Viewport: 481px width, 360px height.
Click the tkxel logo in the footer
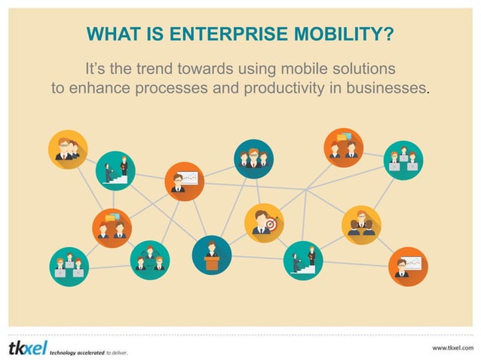pyautogui.click(x=26, y=347)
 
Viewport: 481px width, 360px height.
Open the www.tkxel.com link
pyautogui.click(x=452, y=347)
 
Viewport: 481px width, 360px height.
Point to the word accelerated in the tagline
pyautogui.click(x=84, y=352)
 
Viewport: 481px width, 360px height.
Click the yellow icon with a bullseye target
pyautogui.click(x=264, y=223)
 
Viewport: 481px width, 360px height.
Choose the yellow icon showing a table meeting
pyautogui.click(x=361, y=225)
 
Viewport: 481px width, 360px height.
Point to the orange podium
pyautogui.click(x=211, y=263)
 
